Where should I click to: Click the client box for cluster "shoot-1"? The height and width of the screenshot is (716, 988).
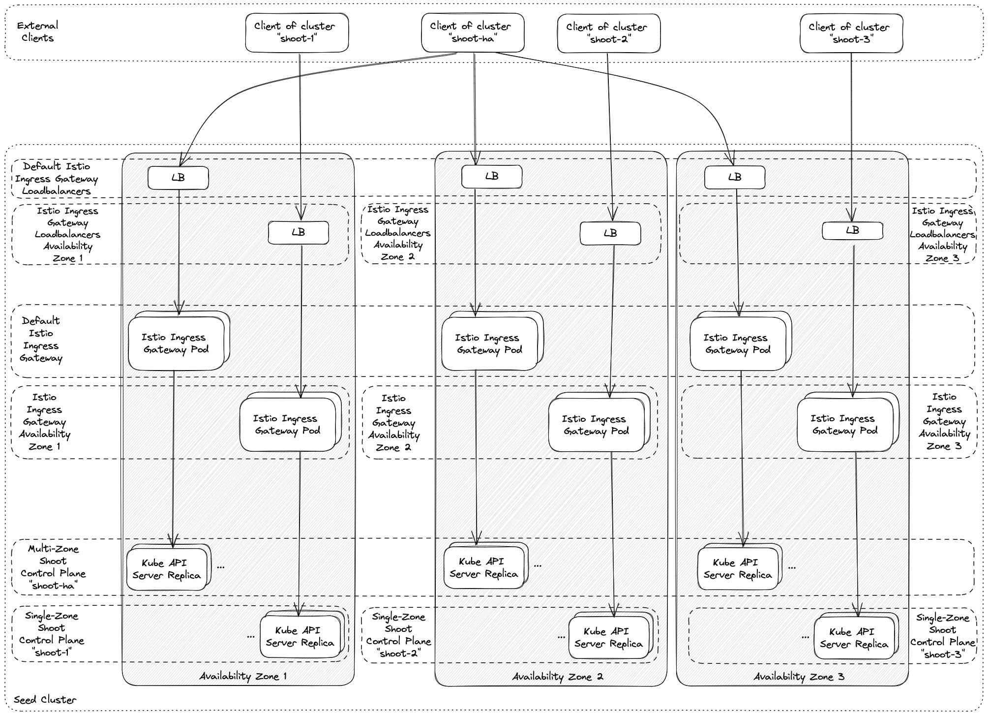297,32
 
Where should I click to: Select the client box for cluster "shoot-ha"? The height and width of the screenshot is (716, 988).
473,32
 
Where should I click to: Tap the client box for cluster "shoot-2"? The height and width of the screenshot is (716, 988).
608,33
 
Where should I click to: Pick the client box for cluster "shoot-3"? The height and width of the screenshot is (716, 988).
851,33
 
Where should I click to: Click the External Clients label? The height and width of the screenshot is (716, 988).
37,31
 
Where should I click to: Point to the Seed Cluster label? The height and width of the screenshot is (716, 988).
45,700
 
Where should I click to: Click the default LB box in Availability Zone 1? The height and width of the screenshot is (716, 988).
178,178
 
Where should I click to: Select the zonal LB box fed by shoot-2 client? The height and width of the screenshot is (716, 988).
610,233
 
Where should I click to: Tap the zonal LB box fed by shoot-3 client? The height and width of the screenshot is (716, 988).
852,231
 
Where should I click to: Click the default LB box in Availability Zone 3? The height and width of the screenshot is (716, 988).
734,178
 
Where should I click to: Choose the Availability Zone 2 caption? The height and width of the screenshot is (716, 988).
557,677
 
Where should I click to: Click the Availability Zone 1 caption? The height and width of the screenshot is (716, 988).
243,676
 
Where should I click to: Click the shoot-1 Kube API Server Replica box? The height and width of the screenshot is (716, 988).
300,637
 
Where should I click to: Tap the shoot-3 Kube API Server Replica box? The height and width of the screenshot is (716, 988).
854,638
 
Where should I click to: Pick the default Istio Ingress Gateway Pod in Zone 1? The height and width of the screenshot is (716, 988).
176,343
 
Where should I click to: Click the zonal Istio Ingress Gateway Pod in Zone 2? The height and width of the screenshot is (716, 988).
596,425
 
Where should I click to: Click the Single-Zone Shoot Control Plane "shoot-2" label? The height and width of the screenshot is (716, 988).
398,635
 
